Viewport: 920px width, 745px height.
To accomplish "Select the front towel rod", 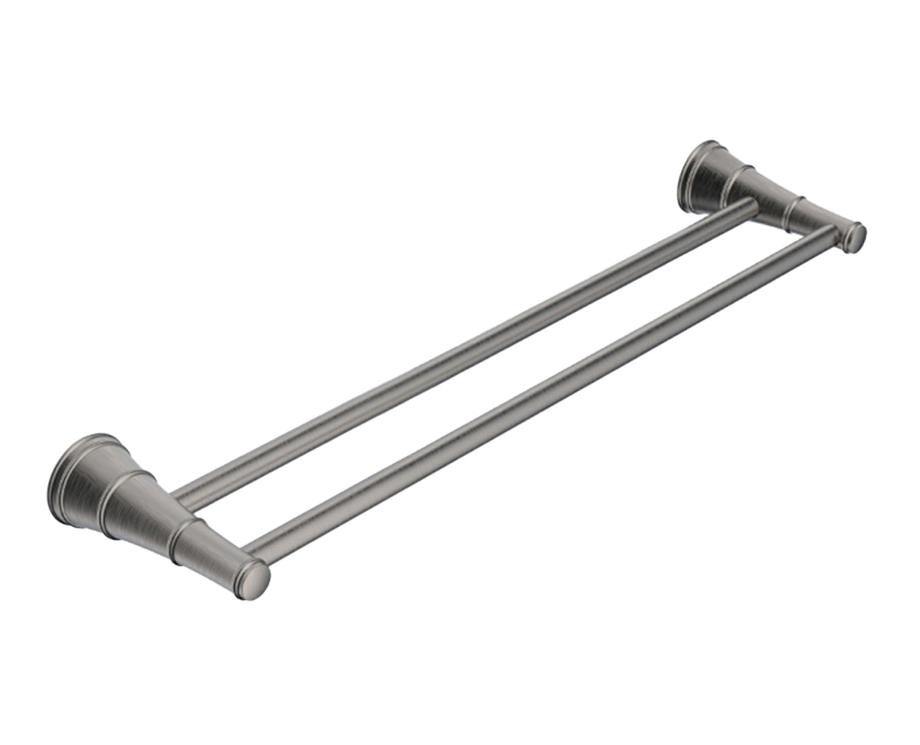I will click(539, 399).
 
